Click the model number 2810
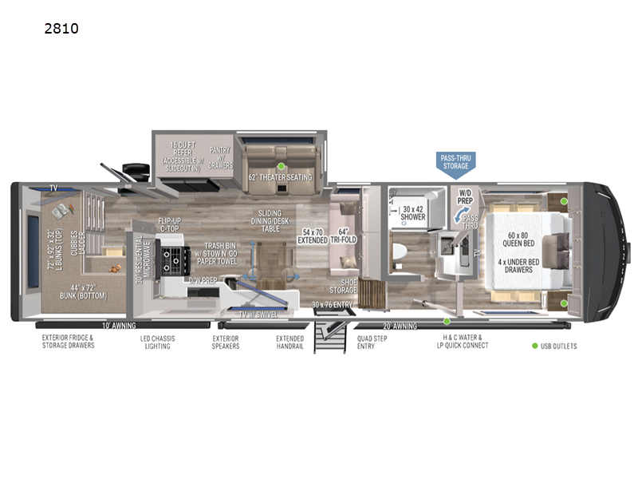point(62,30)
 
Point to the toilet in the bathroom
point(404,254)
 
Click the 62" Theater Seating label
point(280,177)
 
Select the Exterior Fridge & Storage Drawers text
point(68,342)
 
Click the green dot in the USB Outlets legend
point(534,346)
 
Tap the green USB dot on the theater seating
point(281,166)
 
